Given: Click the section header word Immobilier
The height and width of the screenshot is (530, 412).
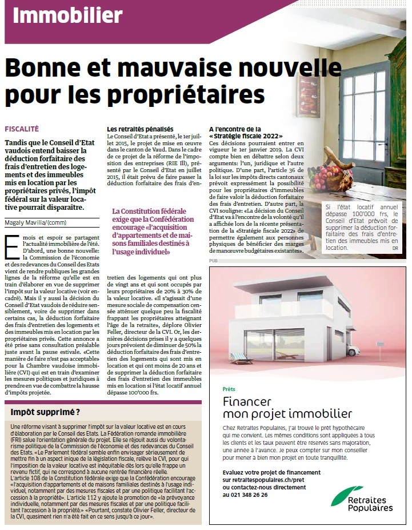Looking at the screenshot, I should tap(67, 15).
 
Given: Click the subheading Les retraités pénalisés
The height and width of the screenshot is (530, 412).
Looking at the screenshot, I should tap(140, 130).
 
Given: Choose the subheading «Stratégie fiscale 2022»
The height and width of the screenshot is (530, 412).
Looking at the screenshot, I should tap(246, 137).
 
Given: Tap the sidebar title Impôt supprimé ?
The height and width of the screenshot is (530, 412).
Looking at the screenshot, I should tap(46, 412).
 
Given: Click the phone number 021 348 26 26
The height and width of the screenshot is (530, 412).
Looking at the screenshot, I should tap(245, 494).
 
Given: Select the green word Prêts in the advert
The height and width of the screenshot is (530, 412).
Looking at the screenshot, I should tap(229, 389).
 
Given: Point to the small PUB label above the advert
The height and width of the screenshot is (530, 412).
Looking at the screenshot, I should tap(214, 260).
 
